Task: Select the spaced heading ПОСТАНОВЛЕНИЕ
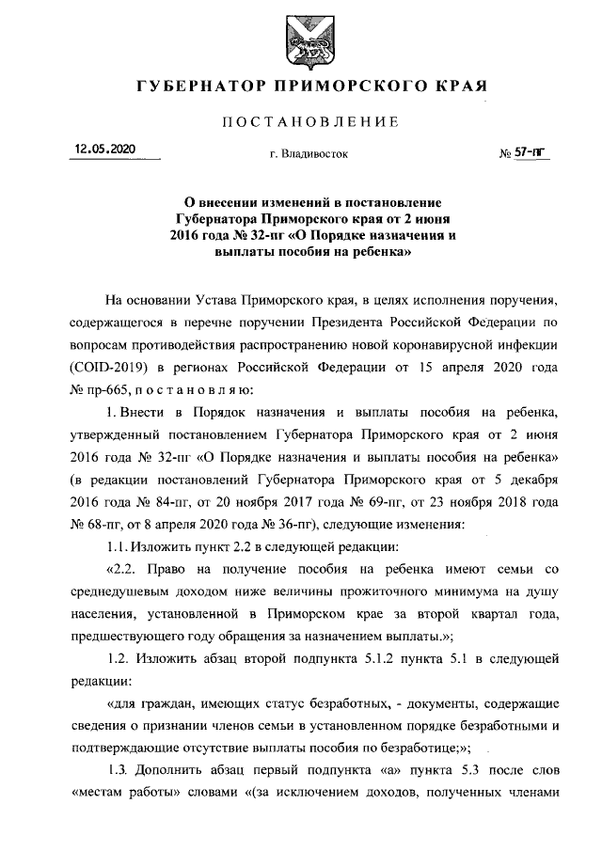300,122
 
